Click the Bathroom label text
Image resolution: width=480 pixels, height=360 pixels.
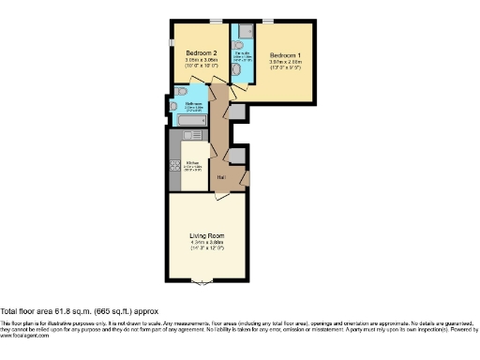(x=195, y=103)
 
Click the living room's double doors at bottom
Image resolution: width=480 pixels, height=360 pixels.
(x=200, y=281)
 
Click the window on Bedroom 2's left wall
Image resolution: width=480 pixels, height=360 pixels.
(x=171, y=43)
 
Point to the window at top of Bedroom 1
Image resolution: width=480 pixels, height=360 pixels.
(x=267, y=20)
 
